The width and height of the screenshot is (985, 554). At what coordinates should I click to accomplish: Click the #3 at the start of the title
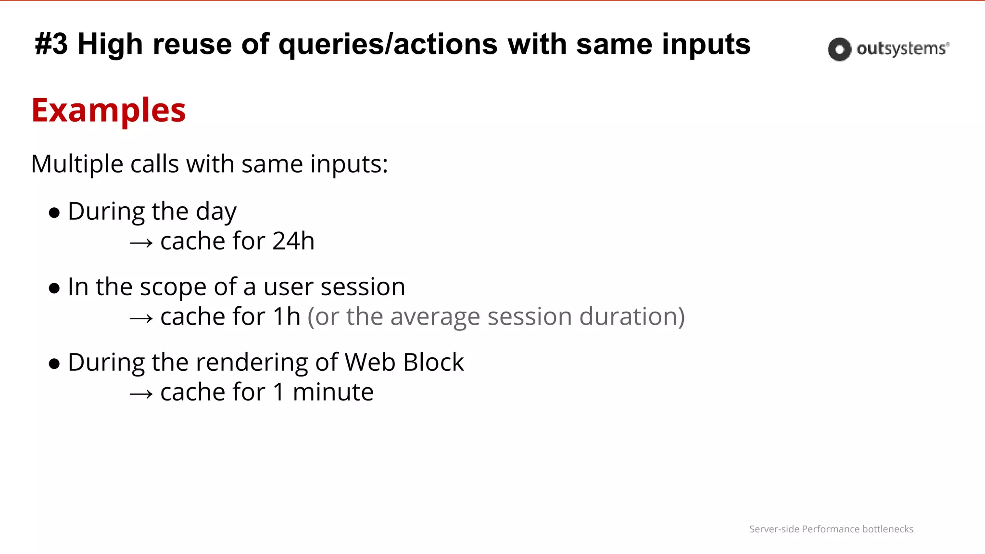tap(51, 44)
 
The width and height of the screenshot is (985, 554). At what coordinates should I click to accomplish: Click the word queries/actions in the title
tap(388, 44)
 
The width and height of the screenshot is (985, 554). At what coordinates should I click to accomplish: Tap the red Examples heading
tap(109, 111)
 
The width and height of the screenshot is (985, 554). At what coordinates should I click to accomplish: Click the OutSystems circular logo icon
tap(839, 49)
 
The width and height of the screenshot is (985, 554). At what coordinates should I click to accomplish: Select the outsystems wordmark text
tap(902, 49)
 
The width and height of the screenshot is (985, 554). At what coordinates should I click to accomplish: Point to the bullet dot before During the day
tap(54, 213)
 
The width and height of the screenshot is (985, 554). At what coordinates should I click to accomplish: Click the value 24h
tap(293, 241)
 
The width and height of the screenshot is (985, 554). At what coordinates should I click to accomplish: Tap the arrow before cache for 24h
tap(141, 243)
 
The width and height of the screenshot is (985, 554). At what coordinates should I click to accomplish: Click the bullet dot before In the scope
tap(54, 288)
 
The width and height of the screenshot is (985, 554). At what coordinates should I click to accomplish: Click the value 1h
tap(287, 316)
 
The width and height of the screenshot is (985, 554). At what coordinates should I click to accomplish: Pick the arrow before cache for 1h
tap(141, 318)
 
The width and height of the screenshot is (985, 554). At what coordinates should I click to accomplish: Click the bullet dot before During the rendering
tap(54, 364)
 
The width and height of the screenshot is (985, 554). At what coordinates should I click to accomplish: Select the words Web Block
tap(404, 362)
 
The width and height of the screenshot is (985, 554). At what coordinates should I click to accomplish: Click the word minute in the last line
tap(333, 392)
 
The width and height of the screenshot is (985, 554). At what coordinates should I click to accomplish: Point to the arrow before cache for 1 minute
tap(141, 394)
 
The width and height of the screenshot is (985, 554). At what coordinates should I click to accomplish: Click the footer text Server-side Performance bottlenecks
tap(831, 529)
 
